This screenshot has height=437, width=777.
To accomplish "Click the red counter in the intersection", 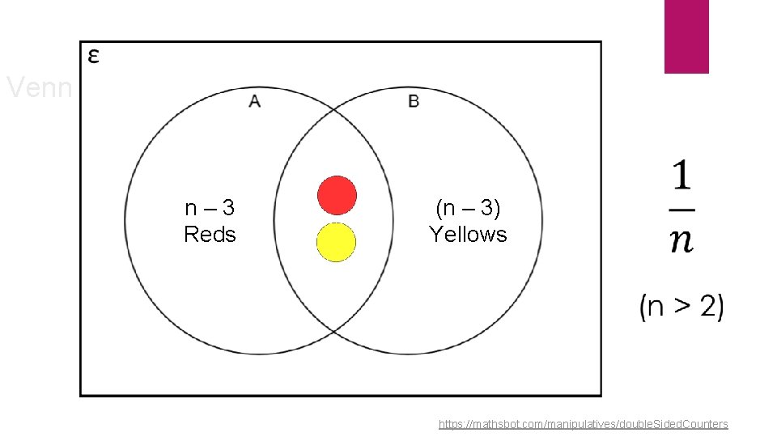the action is point(337,195).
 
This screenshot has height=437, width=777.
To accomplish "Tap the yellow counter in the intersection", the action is point(337,242).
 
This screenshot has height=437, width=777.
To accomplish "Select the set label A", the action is point(254,101).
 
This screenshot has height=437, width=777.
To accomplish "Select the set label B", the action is point(414,101).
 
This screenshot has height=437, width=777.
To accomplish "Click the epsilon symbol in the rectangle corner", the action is point(94,56).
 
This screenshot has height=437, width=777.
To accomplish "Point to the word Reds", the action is point(210,235).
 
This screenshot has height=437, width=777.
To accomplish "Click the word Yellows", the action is point(468,235).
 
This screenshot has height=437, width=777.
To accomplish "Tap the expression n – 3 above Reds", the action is point(210,208).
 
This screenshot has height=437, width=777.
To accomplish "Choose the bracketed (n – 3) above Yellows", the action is point(468,208).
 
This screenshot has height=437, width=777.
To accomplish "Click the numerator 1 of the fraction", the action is point(681,177).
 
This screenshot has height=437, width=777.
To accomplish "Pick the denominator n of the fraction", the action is point(681,240).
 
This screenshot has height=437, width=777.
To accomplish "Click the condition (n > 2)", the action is point(681,307).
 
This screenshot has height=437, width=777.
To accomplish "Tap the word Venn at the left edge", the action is point(39,87).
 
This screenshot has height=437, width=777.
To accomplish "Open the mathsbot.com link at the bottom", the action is point(583,424).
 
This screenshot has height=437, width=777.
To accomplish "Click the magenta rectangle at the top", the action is point(686,36).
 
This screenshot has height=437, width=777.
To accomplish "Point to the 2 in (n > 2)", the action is point(707,307).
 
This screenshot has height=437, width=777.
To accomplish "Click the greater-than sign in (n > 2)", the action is point(683,308).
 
